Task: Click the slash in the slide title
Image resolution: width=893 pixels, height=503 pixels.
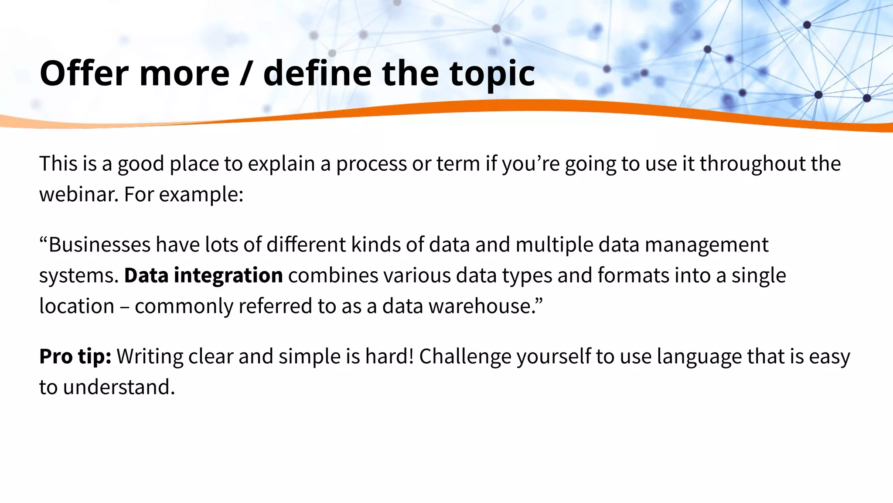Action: tap(246, 73)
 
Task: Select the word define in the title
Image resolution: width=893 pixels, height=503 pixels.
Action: tap(317, 73)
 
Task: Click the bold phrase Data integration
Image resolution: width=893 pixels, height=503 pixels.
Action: tap(203, 276)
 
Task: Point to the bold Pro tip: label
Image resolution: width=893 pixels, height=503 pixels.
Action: tap(75, 356)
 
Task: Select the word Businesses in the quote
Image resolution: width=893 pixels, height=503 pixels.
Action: tap(99, 245)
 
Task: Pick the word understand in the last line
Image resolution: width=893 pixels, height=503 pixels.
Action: tap(119, 387)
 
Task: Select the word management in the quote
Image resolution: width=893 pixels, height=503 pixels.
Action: tap(706, 245)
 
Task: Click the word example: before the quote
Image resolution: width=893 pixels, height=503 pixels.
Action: tap(201, 194)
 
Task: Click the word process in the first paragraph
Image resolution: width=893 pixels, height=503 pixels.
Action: tap(371, 164)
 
